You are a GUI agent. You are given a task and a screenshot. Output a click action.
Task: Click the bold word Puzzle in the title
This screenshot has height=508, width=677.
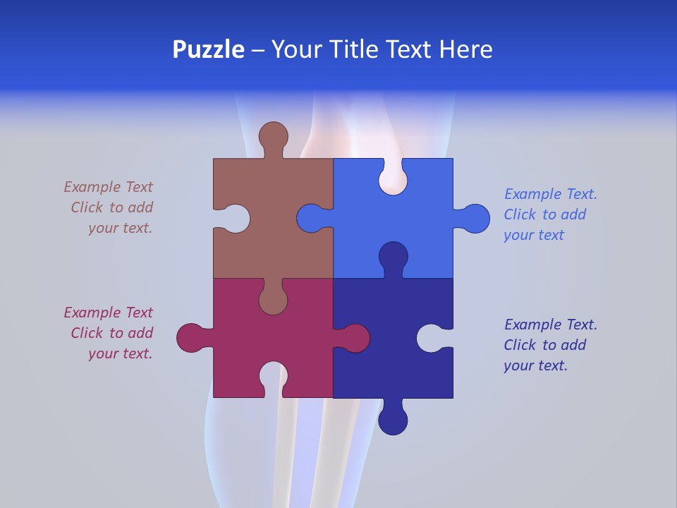(209, 50)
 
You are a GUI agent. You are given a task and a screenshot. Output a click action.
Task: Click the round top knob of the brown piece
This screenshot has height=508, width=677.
(273, 135)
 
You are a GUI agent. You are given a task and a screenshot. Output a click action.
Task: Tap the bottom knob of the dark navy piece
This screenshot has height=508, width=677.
(393, 421)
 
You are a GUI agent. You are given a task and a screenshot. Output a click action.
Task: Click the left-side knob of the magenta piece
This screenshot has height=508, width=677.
(190, 338)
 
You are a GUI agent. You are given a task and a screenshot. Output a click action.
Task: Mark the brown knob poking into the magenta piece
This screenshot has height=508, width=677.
(273, 301)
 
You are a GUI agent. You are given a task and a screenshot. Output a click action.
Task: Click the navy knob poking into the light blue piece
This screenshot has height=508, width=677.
(393, 255)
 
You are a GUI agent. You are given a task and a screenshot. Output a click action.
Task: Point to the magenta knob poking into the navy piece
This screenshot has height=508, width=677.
(355, 338)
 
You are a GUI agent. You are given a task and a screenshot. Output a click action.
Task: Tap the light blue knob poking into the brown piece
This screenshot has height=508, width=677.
(310, 219)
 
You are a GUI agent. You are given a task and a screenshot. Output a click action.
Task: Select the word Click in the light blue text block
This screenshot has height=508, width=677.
(520, 214)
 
